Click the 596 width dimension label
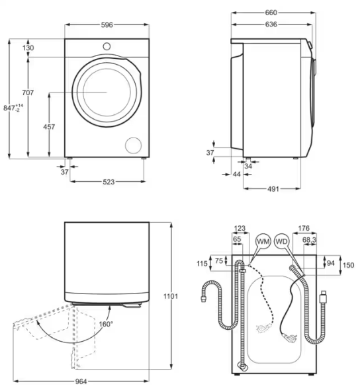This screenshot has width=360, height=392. coord(107,24)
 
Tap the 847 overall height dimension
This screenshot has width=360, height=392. coord(13,108)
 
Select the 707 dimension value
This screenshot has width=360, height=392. coord(28,93)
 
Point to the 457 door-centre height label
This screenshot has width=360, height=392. coord(49,127)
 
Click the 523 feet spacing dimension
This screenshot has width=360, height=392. coord(109,182)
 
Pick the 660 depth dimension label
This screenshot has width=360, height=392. coord(271,13)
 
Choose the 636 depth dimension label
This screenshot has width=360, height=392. coord(271,24)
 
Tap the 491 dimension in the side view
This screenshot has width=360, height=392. coord(273,189)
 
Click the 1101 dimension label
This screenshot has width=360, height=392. coord(171,296)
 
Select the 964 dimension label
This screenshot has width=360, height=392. coord(81,381)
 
